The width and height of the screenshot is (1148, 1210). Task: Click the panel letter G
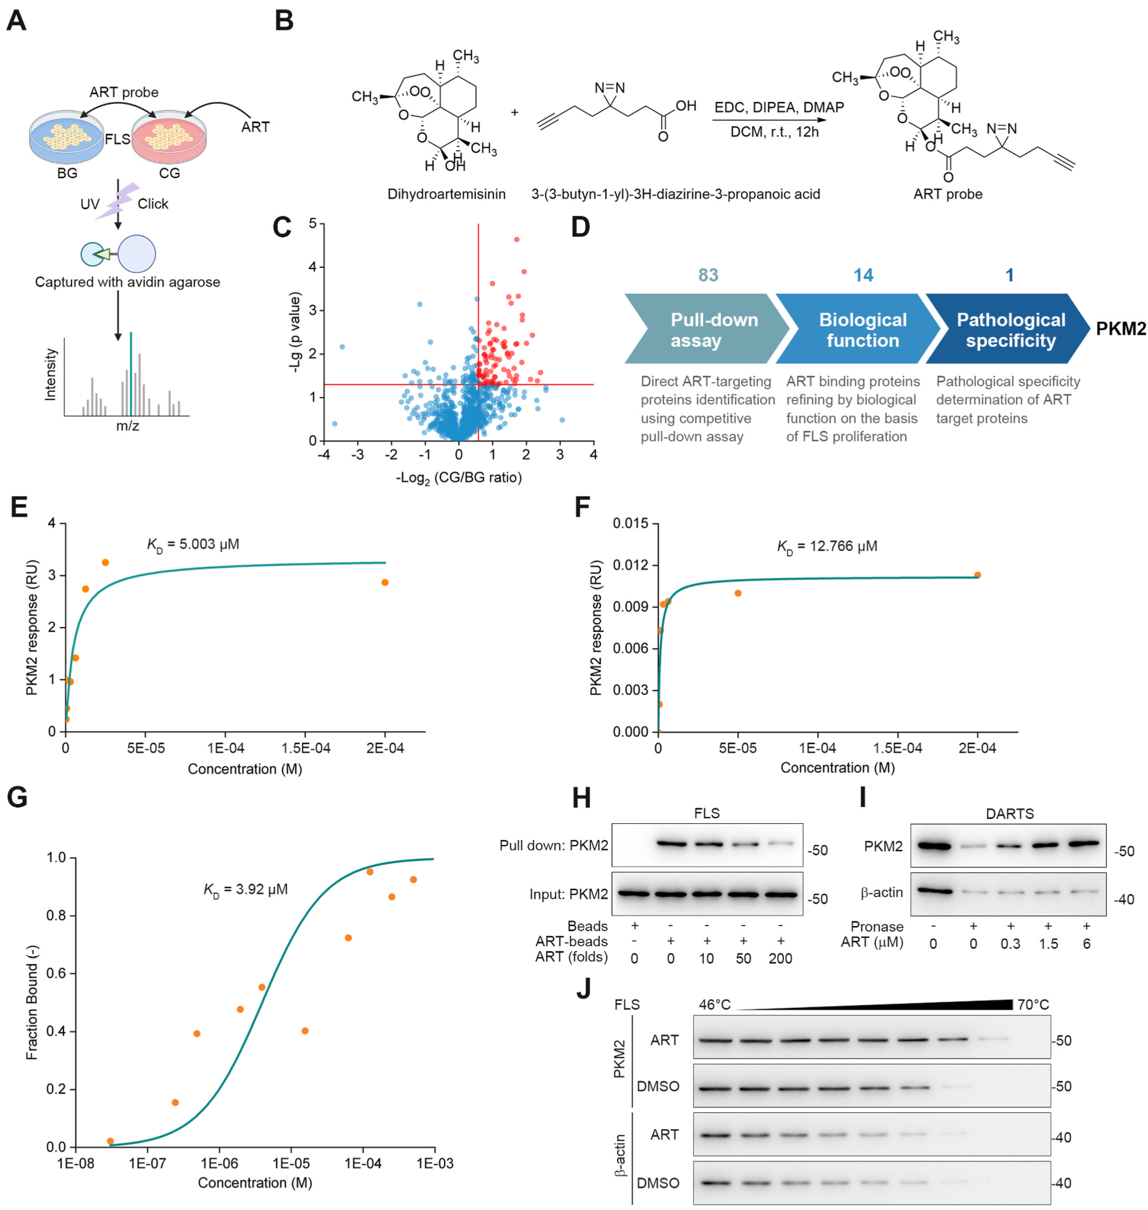[x=17, y=798]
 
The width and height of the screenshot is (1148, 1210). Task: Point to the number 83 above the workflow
[x=708, y=275]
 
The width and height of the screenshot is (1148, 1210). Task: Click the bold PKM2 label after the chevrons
[x=1120, y=329]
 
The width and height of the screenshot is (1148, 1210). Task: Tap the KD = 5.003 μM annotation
[x=193, y=544]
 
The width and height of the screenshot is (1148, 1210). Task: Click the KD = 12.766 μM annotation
[x=827, y=546]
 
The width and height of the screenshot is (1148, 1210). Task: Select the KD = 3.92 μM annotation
[x=245, y=889]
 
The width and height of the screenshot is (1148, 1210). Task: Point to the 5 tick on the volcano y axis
[x=313, y=224]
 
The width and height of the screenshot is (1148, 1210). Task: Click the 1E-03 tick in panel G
[x=435, y=1164]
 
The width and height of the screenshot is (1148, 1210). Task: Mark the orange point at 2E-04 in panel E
[x=385, y=582]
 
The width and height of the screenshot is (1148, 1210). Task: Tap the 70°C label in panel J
[x=1033, y=1005]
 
